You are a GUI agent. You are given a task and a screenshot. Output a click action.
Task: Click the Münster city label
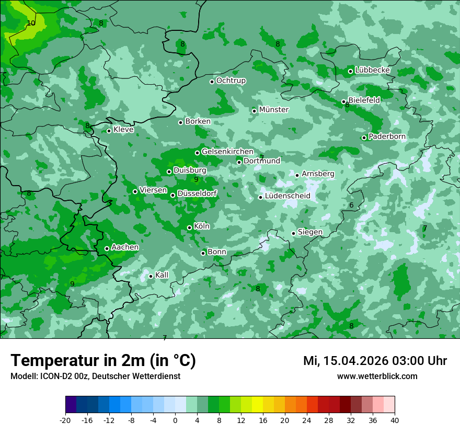click(x=273, y=110)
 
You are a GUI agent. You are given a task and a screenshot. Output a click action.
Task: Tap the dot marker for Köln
click(x=189, y=227)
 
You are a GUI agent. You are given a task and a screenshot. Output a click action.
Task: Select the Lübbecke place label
click(x=372, y=70)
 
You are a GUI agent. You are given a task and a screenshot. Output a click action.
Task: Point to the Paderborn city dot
click(x=364, y=138)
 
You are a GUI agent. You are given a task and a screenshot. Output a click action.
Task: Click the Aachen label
click(x=125, y=247)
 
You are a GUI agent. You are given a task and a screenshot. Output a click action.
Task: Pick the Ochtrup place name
click(x=231, y=81)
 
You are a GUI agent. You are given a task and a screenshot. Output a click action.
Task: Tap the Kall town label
click(x=162, y=275)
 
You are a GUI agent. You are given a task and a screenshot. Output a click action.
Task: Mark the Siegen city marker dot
click(x=293, y=233)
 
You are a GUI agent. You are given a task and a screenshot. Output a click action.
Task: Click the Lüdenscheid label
click(x=287, y=196)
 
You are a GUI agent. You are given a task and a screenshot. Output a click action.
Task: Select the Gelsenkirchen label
click(x=227, y=152)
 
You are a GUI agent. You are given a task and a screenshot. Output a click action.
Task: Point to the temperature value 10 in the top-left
click(x=31, y=23)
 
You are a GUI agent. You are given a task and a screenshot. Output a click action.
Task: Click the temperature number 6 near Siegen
click(x=352, y=205)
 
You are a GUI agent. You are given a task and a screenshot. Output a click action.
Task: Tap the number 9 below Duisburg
click(x=196, y=179)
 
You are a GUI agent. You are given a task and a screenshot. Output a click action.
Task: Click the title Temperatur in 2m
click(x=103, y=360)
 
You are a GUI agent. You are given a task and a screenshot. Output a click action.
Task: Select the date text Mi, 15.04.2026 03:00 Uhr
click(x=375, y=361)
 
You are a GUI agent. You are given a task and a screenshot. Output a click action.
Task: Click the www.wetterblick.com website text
click(x=377, y=376)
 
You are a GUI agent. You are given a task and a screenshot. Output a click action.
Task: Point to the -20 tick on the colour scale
click(x=65, y=420)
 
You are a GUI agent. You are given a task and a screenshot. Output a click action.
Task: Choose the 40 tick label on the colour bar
click(x=395, y=420)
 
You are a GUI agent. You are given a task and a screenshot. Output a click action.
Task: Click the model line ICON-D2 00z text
click(x=95, y=376)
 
